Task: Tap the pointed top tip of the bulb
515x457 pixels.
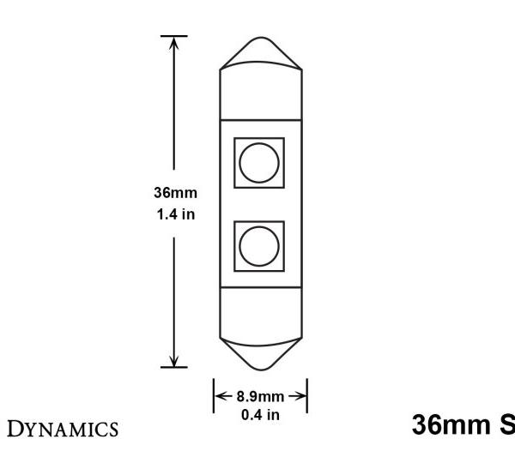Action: point(261,39)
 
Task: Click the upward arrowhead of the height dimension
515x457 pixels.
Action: point(174,43)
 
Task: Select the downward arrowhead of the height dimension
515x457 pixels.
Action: point(174,361)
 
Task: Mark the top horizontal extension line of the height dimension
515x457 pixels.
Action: point(174,36)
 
